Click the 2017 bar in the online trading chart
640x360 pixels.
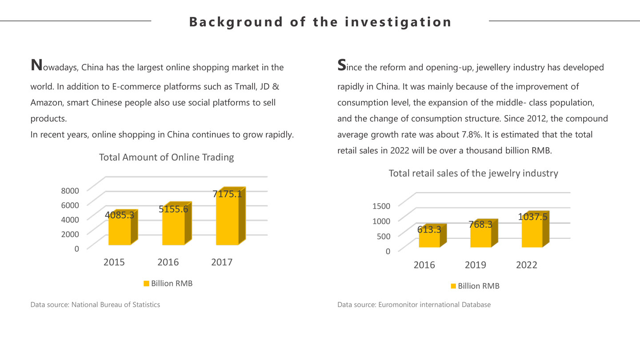point(228,220)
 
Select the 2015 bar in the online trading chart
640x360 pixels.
point(120,231)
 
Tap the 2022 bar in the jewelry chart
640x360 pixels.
point(532,233)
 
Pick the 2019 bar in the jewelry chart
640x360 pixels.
point(481,236)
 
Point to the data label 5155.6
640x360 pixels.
point(173,209)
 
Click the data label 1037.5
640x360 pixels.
point(532,217)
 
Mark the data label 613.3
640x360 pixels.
point(429,229)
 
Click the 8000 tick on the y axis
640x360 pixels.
point(70,190)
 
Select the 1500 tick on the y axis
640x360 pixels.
point(381,205)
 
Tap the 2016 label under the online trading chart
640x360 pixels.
point(168,262)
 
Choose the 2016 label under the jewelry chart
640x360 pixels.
point(424,265)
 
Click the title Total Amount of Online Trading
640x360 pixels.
point(166,157)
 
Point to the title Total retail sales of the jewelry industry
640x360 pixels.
point(473,173)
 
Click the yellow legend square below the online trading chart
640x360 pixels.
point(146,284)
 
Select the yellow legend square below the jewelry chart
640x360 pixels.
point(453,286)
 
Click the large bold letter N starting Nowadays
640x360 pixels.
point(36,65)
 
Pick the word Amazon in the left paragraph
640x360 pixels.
point(47,103)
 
